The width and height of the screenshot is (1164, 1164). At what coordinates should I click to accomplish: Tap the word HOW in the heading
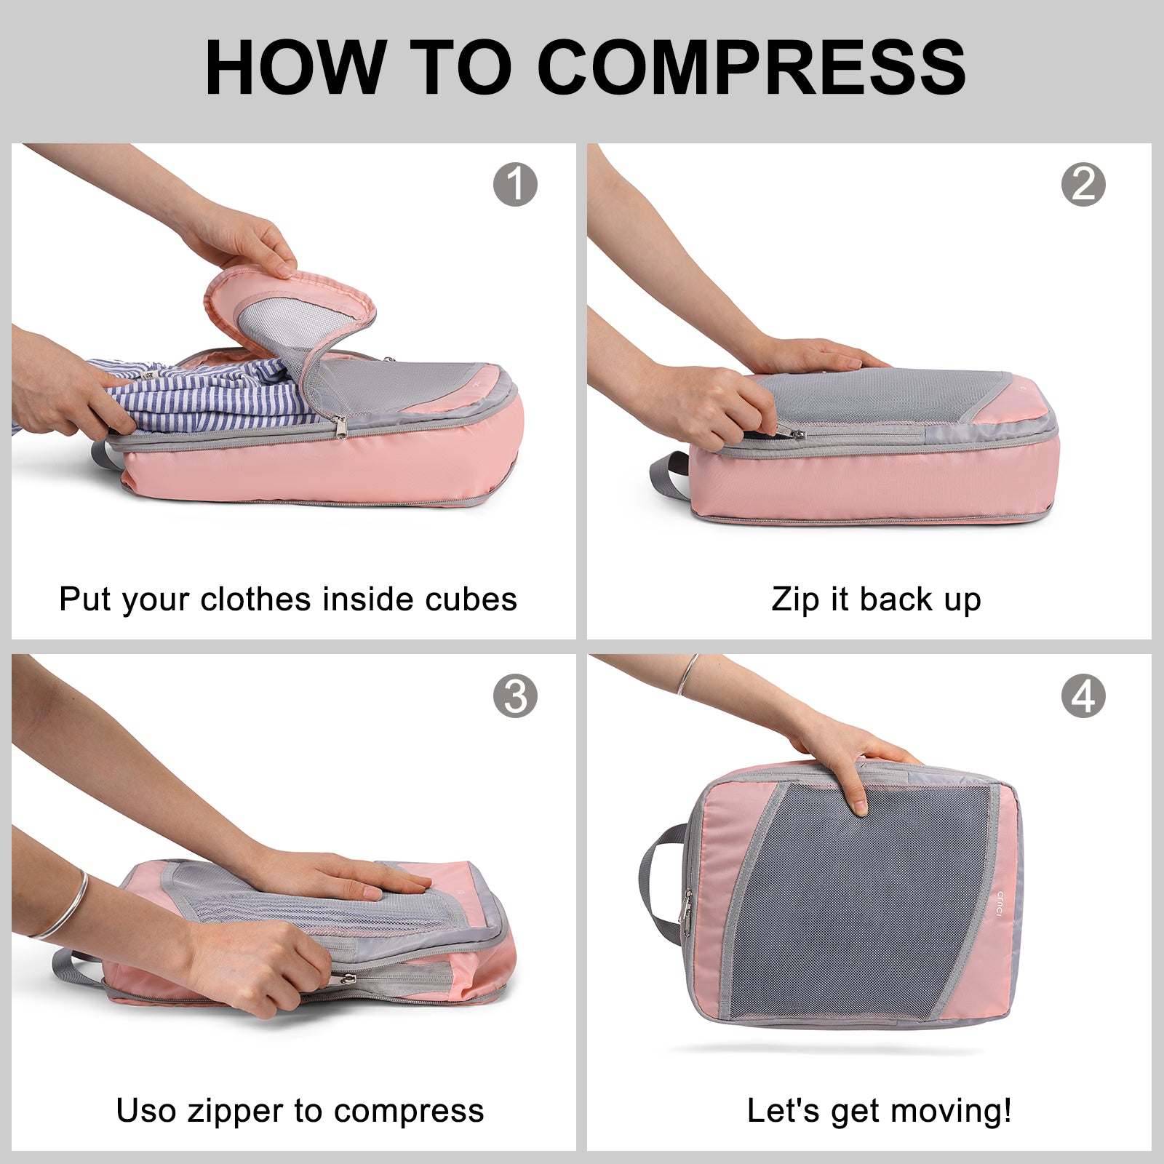coord(295,67)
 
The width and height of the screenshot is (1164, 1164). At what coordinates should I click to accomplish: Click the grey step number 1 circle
coord(515,184)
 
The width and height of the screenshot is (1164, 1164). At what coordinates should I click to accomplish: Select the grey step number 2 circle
coord(1083,184)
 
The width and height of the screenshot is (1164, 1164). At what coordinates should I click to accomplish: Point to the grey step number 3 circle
coord(515,696)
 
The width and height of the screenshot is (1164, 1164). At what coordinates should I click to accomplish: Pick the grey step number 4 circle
coord(1083,696)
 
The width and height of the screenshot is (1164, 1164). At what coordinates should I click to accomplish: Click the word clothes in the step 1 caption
coord(258,599)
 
